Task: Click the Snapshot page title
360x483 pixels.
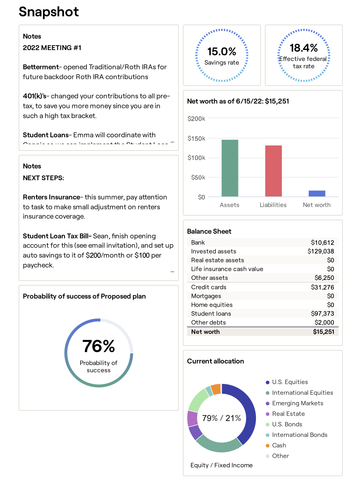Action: coord(49,12)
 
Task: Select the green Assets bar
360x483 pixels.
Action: coord(230,168)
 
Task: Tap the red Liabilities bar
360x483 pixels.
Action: coord(273,171)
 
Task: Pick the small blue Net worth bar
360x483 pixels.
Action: coord(317,193)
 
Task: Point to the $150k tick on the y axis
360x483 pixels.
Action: coord(196,138)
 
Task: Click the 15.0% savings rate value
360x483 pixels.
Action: coord(222,52)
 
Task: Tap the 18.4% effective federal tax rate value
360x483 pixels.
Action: coord(304,48)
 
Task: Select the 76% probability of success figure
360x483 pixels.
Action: coord(98,346)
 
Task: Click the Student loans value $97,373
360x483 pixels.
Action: coord(322,313)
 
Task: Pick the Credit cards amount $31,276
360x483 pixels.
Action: coord(322,287)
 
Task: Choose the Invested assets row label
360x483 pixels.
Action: coord(213,251)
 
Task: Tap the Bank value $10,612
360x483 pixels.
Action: coord(322,242)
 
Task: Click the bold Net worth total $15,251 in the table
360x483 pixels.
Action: coord(324,332)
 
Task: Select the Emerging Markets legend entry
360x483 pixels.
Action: coord(297,403)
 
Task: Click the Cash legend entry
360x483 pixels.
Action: coord(279,446)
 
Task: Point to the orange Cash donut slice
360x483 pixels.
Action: coord(216,389)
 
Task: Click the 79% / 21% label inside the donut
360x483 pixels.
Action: coord(221,418)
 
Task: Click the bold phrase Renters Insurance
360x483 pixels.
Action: coord(51,197)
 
